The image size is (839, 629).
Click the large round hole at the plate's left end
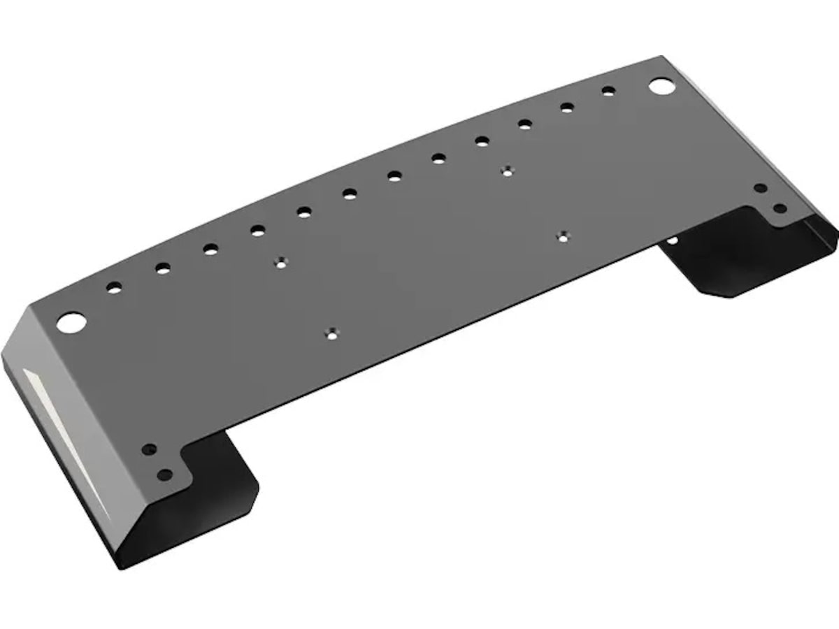[x=71, y=322]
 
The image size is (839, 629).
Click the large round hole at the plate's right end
[x=661, y=86]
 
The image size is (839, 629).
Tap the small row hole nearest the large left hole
[x=114, y=287]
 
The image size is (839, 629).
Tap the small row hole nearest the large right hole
[x=608, y=91]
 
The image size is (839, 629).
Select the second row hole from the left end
[x=163, y=268]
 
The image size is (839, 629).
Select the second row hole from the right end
[x=567, y=107]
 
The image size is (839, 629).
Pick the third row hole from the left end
[x=210, y=249]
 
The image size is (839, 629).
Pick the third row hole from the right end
[x=525, y=124]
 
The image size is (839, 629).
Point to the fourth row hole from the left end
[x=258, y=230]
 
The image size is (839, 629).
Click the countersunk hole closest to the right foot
[x=563, y=236]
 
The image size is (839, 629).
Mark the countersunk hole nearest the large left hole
[x=281, y=263]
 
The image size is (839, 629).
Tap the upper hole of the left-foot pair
[x=148, y=449]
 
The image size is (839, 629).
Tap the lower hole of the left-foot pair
[x=165, y=475]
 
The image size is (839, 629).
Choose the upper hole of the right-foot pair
[x=760, y=189]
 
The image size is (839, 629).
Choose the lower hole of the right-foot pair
[x=780, y=208]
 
